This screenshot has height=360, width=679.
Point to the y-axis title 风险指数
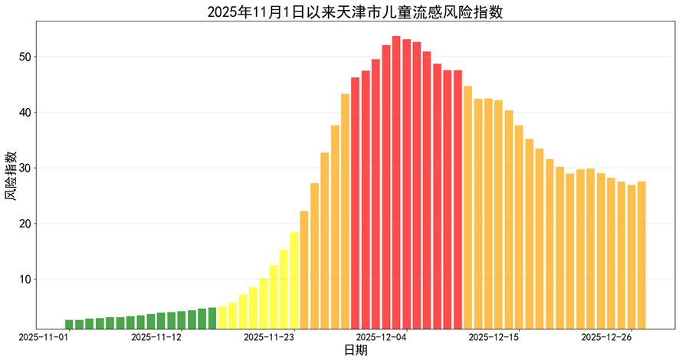pos(11,176)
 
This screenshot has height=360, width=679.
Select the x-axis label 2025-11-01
pos(44,336)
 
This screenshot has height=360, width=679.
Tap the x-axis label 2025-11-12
pos(156,336)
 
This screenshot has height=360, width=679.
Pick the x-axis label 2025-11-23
pos(269,336)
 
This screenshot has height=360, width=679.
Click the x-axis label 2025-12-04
pos(381,336)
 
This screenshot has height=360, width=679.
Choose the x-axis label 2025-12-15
pos(494,336)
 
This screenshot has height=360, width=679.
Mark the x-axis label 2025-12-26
pos(606,336)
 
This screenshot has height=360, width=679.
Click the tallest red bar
pos(396,184)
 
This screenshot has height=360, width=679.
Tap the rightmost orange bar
pos(641,256)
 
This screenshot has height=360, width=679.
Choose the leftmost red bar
pos(355,204)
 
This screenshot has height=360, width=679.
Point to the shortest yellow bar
pos(222,318)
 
